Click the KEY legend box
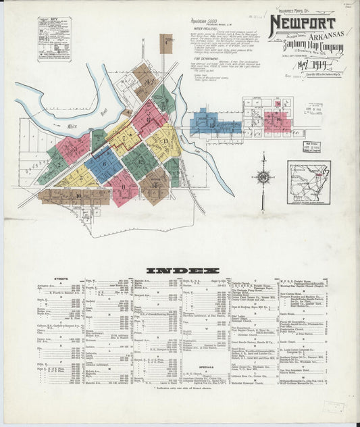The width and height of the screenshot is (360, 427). click(x=54, y=39)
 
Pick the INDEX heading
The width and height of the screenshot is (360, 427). click(x=179, y=270)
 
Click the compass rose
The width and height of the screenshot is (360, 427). click(x=263, y=179)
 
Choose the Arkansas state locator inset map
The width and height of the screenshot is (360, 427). click(x=309, y=182)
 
